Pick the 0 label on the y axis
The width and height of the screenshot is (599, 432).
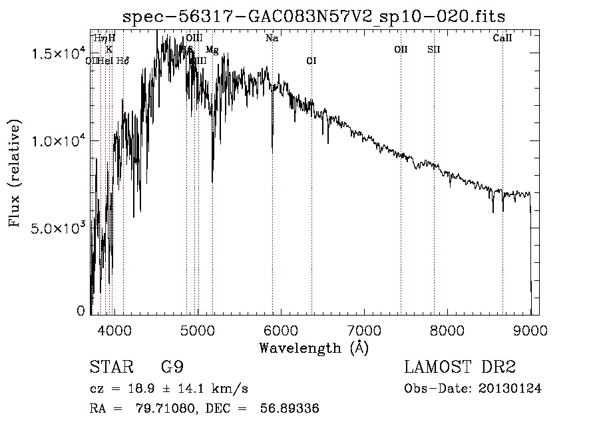coord(81,311)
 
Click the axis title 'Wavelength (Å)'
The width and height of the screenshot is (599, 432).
coord(313,347)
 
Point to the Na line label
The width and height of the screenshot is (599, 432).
coord(272,39)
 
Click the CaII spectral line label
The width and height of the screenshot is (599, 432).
coord(502,39)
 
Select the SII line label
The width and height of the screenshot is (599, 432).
coord(434,49)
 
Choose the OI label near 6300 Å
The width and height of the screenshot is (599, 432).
coord(311,61)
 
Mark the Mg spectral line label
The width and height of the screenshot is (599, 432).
coord(212,50)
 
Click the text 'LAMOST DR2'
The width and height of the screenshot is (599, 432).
coord(459,367)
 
